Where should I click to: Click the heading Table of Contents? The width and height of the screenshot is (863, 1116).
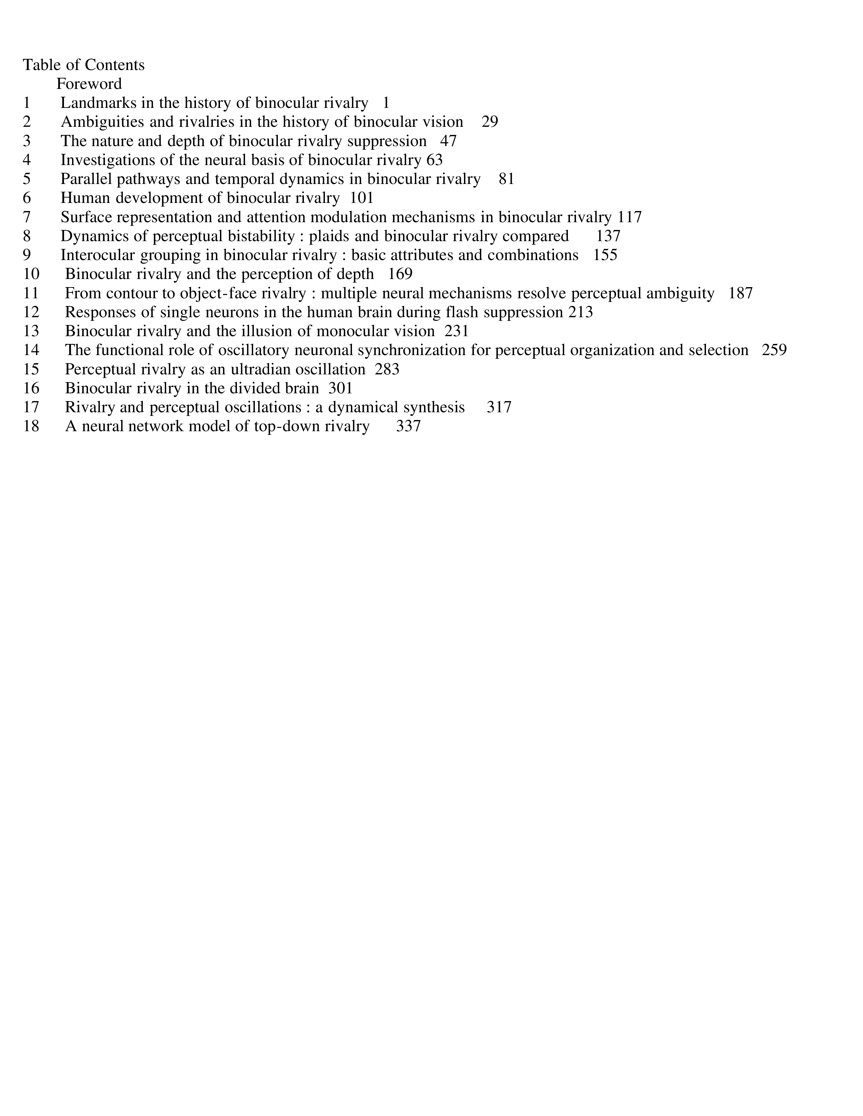tap(84, 65)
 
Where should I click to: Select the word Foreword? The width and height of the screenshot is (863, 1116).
tap(89, 84)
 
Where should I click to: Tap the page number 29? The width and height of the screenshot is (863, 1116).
tap(489, 122)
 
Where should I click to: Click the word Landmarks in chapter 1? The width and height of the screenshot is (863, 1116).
tap(99, 103)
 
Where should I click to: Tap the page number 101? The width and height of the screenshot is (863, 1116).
tap(361, 198)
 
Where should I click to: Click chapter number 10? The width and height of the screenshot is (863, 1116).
tap(31, 274)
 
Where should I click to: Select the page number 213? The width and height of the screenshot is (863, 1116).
tap(580, 312)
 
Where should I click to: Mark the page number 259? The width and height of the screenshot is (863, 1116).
tap(774, 350)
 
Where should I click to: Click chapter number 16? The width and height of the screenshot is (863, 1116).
tap(31, 388)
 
